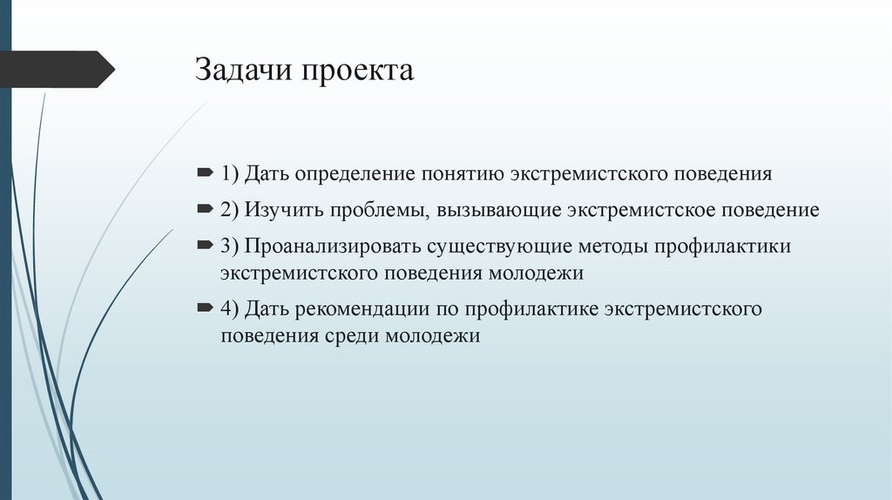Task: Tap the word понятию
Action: (x=459, y=174)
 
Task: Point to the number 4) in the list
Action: (x=230, y=310)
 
